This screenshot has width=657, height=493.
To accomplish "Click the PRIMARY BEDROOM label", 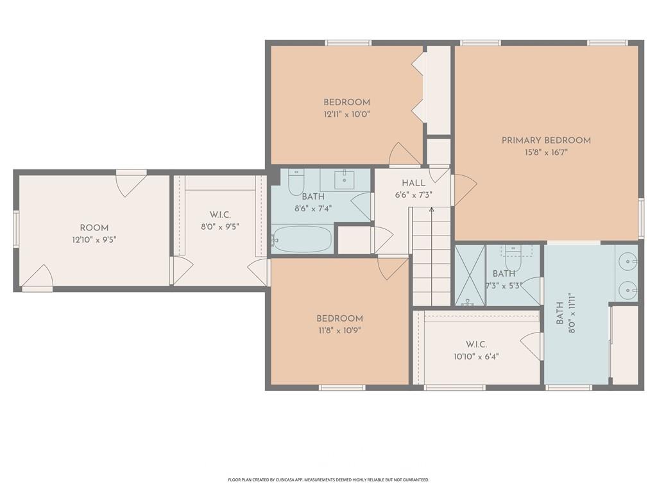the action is point(546,141).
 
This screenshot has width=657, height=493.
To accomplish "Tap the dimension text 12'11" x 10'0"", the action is point(347,114).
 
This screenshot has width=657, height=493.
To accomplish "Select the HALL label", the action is point(414,183).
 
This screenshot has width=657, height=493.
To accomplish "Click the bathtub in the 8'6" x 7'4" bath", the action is point(302,239).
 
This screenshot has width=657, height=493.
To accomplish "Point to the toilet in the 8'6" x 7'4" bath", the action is point(296,183).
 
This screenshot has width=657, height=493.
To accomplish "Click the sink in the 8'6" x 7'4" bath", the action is point(345,178).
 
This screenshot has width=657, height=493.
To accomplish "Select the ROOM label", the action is point(94,228).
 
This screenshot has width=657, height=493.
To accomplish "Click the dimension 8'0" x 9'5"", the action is point(220,227).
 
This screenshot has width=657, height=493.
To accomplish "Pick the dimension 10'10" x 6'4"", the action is point(476,357).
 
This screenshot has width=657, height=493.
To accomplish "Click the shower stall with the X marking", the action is point(470,275).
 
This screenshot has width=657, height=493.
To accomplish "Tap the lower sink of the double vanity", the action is point(629,290).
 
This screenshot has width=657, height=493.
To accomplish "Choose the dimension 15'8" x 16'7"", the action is point(546,152).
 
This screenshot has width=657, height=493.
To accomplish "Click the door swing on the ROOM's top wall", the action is point(131,183).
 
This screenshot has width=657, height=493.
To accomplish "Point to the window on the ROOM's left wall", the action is point(16,229).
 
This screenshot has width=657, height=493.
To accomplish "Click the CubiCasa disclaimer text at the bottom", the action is point(328,480).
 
